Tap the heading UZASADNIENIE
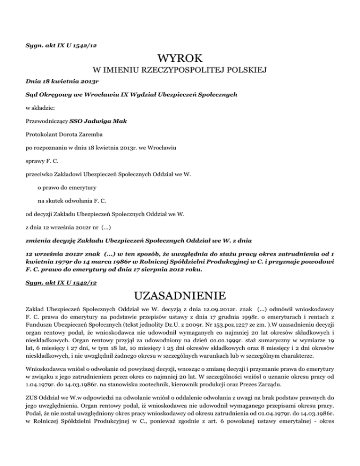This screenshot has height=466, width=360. (x=180, y=297)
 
